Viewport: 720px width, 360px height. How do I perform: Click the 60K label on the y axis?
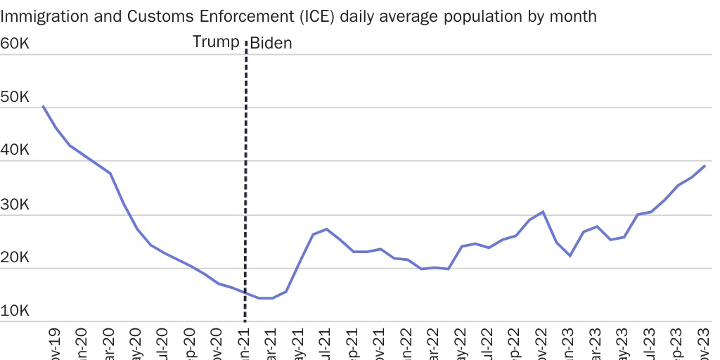(14, 44)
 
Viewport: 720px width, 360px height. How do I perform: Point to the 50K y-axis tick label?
(14, 98)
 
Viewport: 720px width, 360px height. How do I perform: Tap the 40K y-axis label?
(14, 151)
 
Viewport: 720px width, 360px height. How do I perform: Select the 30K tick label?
(14, 205)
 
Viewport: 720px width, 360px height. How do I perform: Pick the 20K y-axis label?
(14, 258)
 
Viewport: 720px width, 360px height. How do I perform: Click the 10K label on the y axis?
(14, 311)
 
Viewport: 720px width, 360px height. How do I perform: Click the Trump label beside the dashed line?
(216, 42)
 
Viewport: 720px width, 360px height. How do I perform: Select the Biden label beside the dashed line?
(271, 44)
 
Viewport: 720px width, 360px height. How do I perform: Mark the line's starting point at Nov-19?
(43, 106)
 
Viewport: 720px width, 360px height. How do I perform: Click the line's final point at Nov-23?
(705, 166)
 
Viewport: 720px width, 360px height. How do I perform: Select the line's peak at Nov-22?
(543, 212)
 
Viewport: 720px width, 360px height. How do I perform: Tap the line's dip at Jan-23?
(570, 255)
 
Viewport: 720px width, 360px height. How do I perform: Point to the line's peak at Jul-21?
(326, 229)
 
